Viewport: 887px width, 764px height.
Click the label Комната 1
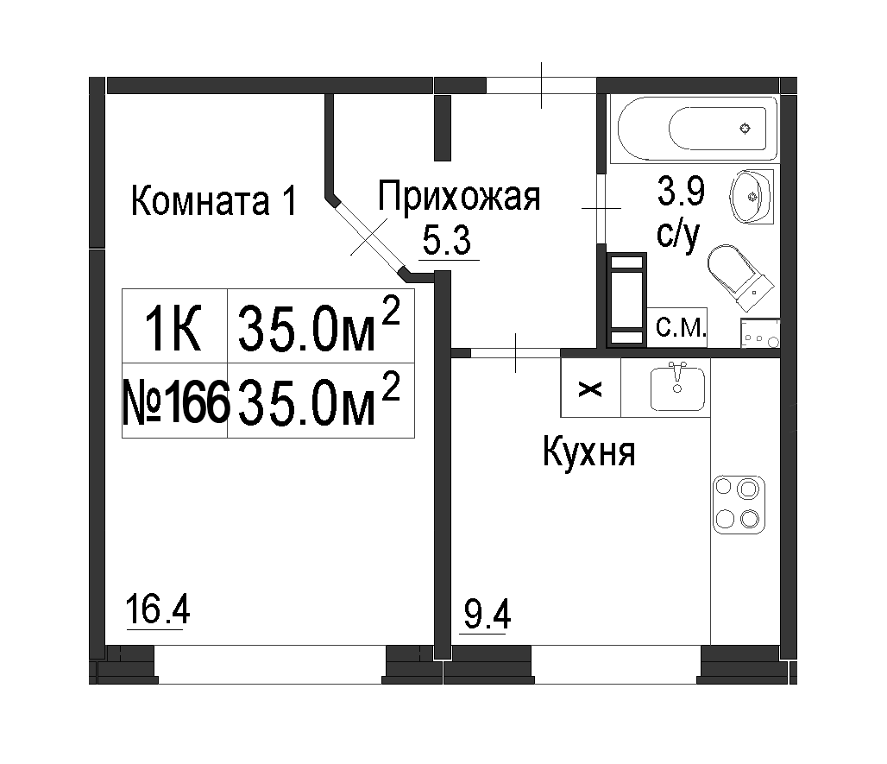tap(214, 201)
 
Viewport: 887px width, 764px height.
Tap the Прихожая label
tap(459, 196)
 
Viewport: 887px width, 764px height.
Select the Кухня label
tap(588, 451)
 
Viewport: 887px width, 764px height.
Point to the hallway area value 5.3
tap(447, 242)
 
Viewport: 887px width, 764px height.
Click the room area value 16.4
tap(158, 609)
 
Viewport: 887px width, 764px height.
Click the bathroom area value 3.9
tap(681, 191)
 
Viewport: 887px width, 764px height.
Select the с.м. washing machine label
tap(681, 326)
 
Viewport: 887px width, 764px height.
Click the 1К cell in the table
tap(173, 326)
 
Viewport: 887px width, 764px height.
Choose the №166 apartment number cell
tap(175, 401)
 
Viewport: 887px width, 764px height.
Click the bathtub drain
tap(745, 129)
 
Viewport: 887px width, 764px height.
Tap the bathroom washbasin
tap(752, 196)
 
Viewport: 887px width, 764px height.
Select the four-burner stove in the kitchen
tap(739, 505)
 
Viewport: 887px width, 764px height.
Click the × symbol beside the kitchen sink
tap(590, 389)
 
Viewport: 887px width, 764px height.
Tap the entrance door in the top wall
tap(541, 85)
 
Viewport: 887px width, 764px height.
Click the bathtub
tap(698, 129)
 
